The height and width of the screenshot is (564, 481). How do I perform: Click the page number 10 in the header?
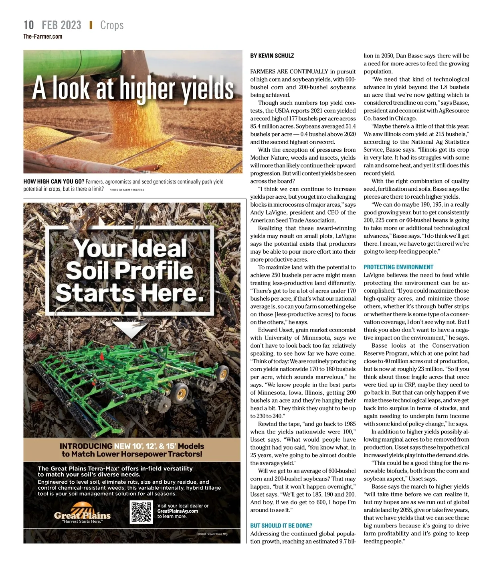coord(29,25)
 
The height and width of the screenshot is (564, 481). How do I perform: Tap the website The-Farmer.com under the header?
coord(43,37)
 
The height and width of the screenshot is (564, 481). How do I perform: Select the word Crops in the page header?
coord(112,25)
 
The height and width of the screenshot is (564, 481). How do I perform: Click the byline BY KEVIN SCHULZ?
coord(272,56)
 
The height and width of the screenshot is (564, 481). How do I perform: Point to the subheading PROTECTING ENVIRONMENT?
coord(398,267)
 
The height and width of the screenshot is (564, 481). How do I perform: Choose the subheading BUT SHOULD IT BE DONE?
coord(281,525)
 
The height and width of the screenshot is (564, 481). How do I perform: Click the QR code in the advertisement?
coord(141,512)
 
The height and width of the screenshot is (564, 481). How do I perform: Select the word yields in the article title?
coord(208,89)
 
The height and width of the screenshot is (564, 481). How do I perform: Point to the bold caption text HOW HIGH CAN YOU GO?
coord(54,182)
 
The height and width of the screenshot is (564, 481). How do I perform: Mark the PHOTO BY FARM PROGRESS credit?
coord(127,189)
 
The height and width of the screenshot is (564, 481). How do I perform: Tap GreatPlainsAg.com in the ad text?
coord(178,511)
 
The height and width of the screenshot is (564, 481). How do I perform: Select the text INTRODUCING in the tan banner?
coord(86,446)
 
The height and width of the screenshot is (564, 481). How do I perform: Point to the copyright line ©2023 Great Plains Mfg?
coord(212,534)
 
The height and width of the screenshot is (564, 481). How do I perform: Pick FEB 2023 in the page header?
coord(61,25)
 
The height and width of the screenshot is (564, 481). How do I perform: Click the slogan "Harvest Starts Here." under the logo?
coord(82,521)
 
